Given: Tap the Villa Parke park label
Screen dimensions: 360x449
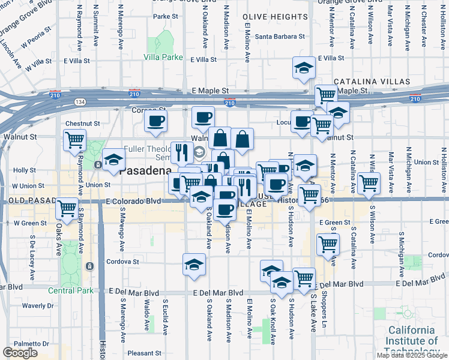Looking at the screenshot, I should coord(163,58).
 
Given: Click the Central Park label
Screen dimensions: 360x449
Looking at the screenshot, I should coord(71,290).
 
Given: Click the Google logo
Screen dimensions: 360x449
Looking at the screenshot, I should coord(20,353).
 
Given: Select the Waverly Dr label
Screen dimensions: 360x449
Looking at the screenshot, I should coord(38,305).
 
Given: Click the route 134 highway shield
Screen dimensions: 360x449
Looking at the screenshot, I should coord(80,102).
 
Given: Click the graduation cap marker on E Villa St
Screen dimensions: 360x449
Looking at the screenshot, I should coord(304,68).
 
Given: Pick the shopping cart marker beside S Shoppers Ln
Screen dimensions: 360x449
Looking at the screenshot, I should coord(328,244).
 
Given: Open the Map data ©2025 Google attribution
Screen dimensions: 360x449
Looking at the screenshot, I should coord(411,355).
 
